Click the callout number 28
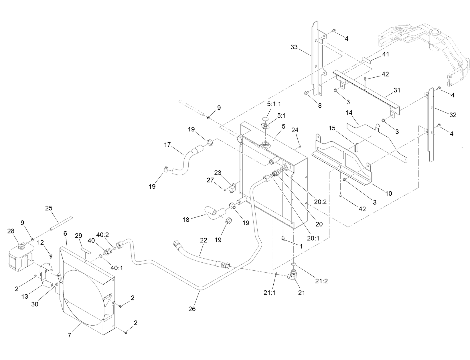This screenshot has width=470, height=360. (11, 231)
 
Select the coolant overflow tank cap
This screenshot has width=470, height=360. (21, 246)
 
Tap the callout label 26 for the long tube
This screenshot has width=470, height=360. (192, 309)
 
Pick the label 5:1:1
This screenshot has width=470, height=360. (274, 105)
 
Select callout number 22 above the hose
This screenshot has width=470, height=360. (203, 240)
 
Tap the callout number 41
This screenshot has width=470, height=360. (386, 54)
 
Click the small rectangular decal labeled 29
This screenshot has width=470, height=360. (85, 251)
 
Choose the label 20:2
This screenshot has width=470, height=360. (320, 202)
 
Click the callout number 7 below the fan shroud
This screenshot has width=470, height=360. (70, 335)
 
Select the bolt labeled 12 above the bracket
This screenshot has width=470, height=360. (51, 255)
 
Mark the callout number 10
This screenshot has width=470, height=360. (388, 194)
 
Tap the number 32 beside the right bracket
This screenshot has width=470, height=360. (453, 115)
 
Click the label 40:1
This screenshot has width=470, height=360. (116, 268)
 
